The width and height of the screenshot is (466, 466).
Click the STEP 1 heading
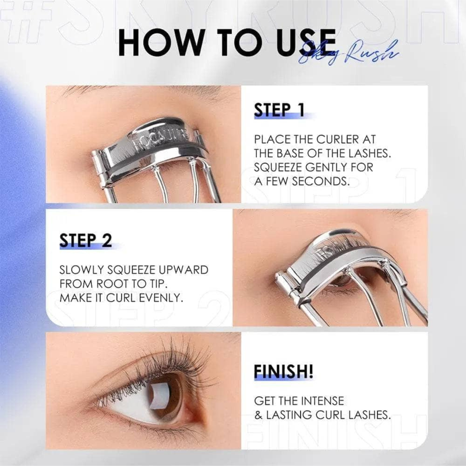(279, 111)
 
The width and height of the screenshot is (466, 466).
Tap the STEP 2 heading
(86, 240)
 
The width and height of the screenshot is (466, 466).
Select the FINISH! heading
(284, 371)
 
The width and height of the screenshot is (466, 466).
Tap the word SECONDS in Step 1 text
(319, 181)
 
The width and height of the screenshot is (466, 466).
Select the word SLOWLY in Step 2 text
(84, 271)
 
